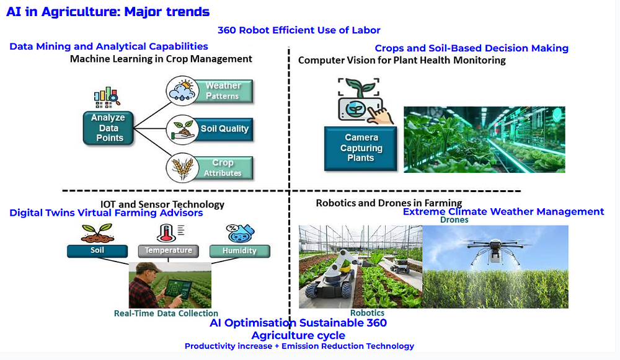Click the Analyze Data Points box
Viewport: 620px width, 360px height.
[x=108, y=128]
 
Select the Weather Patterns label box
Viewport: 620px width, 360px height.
[x=223, y=91]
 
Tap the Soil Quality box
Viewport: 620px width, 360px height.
[x=223, y=130]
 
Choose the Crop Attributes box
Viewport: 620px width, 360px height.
[x=223, y=168]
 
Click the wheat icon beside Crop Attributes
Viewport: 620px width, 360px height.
[x=182, y=168]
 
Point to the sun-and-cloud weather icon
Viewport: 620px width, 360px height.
[x=182, y=91]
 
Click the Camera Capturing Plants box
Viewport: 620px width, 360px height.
[x=361, y=148]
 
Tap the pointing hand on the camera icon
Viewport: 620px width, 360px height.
[x=381, y=115]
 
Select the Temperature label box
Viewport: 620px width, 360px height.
[x=169, y=251]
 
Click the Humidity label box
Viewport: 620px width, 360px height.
[x=239, y=251]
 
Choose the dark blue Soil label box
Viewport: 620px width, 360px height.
[x=97, y=251]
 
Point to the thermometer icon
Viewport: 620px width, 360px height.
[x=166, y=233]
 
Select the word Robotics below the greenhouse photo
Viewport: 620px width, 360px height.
[x=367, y=313]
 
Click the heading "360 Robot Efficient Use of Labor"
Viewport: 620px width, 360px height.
[x=299, y=30]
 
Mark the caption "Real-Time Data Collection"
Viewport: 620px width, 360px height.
[x=166, y=314]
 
